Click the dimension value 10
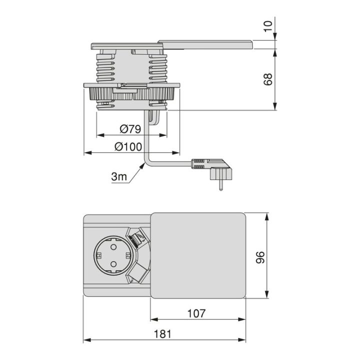267,26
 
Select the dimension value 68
267,79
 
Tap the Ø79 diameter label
130,129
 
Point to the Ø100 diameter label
128,146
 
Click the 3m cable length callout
119,176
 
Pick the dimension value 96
260,257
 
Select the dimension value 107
196,313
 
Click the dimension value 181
162,334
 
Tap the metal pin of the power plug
220,185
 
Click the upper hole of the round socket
113,247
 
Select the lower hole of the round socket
113,264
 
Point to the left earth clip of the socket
99,255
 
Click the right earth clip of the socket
128,255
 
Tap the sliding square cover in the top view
198,255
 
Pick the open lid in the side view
205,45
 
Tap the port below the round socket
138,273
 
